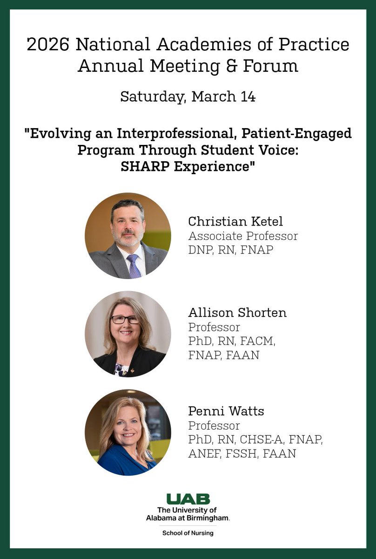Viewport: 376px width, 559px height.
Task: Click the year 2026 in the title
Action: click(x=48, y=45)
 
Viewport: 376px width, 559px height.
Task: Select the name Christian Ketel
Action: click(x=235, y=221)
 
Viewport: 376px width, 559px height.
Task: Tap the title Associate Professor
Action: click(x=242, y=236)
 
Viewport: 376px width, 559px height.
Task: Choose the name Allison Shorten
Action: click(x=237, y=313)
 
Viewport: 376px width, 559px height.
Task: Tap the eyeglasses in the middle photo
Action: click(x=125, y=320)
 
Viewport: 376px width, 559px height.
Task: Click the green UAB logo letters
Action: click(x=188, y=499)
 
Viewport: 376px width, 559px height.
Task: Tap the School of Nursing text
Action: click(x=188, y=533)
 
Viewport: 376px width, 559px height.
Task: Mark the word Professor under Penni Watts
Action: click(x=214, y=426)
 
